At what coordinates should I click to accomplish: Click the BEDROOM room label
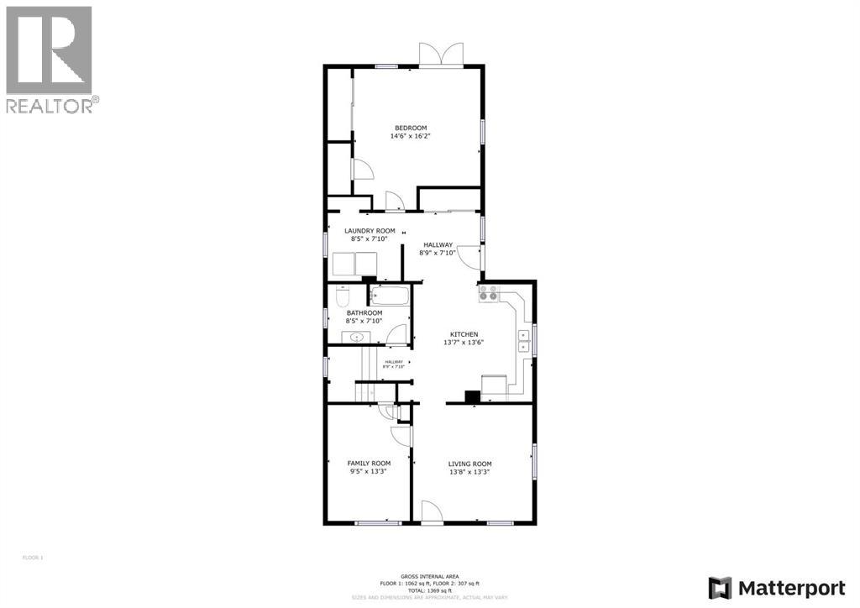411,128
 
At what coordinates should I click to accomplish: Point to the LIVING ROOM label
469,464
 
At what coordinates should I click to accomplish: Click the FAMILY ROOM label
370,463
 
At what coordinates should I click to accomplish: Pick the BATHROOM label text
364,312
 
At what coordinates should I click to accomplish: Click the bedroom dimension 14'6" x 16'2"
411,136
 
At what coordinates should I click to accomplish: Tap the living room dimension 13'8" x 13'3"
469,472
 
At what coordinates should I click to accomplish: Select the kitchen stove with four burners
488,293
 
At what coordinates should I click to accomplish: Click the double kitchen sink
524,340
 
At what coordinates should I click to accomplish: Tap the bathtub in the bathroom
390,295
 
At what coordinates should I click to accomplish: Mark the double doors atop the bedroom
440,55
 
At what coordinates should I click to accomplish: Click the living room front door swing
431,511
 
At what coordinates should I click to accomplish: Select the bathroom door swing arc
397,333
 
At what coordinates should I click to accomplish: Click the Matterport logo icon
720,587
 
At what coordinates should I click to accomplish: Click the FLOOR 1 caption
32,557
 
